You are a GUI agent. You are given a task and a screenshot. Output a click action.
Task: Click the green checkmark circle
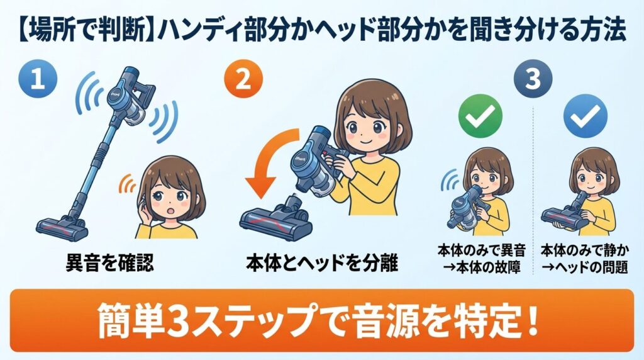tap(481, 118)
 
